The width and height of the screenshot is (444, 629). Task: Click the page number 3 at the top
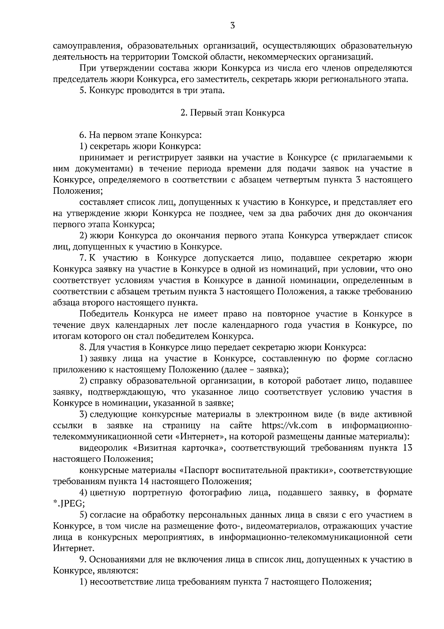232,26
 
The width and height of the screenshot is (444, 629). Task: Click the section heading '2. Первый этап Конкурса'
232,113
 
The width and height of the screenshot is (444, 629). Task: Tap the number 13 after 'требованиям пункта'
406,448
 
